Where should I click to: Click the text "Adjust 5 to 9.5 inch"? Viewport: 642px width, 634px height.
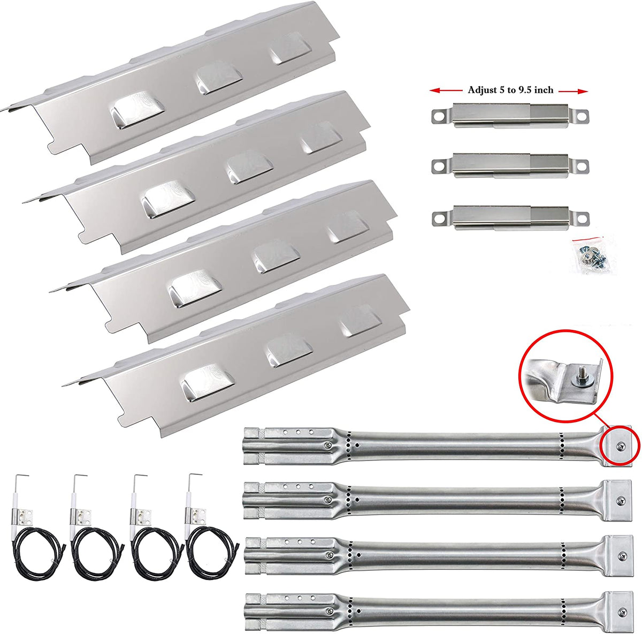point(510,90)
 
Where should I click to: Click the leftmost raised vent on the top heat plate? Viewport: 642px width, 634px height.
point(138,110)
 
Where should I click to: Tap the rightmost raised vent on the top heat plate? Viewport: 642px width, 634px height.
point(291,47)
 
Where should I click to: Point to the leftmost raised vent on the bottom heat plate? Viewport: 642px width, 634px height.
point(208,382)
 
